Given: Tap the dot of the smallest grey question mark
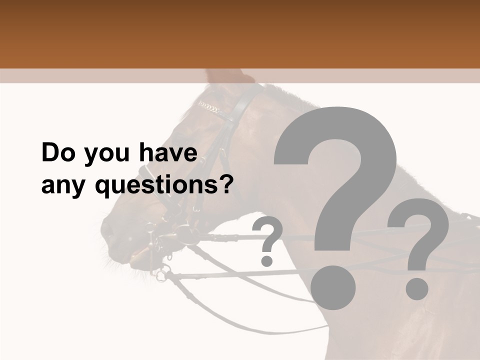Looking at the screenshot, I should tap(267, 260).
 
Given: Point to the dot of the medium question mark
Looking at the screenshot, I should tap(416, 289).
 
